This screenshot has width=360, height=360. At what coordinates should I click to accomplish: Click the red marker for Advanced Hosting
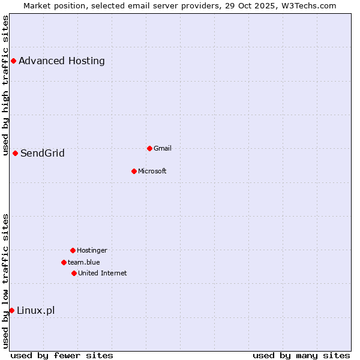click(13, 61)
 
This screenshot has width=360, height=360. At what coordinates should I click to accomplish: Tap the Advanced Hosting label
click(62, 61)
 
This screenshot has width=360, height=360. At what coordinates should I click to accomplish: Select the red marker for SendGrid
click(15, 153)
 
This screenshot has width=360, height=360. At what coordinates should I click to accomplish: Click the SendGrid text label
click(43, 153)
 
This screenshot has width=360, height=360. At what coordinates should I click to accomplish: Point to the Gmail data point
click(149, 148)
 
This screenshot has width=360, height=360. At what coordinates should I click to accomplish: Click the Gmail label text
click(163, 148)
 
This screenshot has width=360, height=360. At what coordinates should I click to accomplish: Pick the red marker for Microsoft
click(134, 171)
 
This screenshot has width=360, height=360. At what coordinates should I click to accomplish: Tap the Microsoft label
click(152, 171)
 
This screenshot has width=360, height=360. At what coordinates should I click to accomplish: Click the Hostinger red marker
click(73, 250)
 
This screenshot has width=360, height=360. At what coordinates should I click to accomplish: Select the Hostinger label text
click(92, 250)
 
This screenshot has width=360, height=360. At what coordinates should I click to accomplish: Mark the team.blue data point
click(64, 262)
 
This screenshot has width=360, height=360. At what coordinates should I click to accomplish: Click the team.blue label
click(84, 262)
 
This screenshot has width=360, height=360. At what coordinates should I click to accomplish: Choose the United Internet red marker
click(74, 273)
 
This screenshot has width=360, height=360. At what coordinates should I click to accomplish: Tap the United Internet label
click(103, 273)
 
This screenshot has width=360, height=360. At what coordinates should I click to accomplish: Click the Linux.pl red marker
click(11, 310)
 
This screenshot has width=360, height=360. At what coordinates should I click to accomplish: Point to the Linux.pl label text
click(36, 310)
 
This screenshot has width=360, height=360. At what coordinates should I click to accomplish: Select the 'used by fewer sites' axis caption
click(62, 355)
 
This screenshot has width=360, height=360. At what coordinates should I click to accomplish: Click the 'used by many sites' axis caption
click(301, 355)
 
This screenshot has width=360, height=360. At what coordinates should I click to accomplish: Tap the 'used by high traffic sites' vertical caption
click(5, 85)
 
